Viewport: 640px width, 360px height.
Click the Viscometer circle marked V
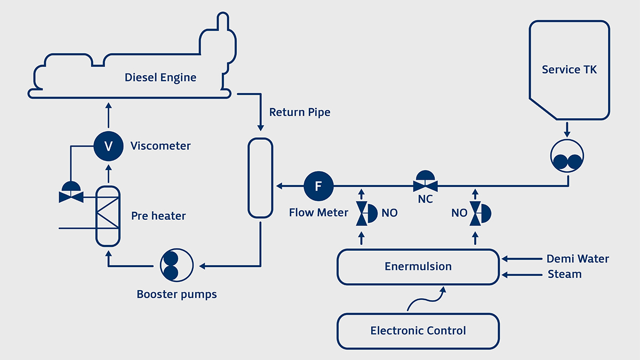coord(108,146)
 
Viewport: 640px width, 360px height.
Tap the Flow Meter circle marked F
coord(318,186)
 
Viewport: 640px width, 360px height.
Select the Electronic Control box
coord(418,331)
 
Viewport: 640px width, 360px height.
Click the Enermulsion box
coord(418,267)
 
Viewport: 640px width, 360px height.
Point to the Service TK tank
coord(569,69)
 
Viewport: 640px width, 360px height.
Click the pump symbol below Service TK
coord(567,156)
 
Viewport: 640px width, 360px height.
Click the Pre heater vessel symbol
coord(108,216)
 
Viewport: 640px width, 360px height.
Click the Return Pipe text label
coord(299,112)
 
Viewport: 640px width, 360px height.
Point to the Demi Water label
coord(578,259)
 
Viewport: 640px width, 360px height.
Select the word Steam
coord(564,274)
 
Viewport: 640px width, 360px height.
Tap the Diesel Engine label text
coord(161,77)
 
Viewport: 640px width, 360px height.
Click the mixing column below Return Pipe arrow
coord(261,178)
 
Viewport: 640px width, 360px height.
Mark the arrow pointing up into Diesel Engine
coord(108,107)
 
